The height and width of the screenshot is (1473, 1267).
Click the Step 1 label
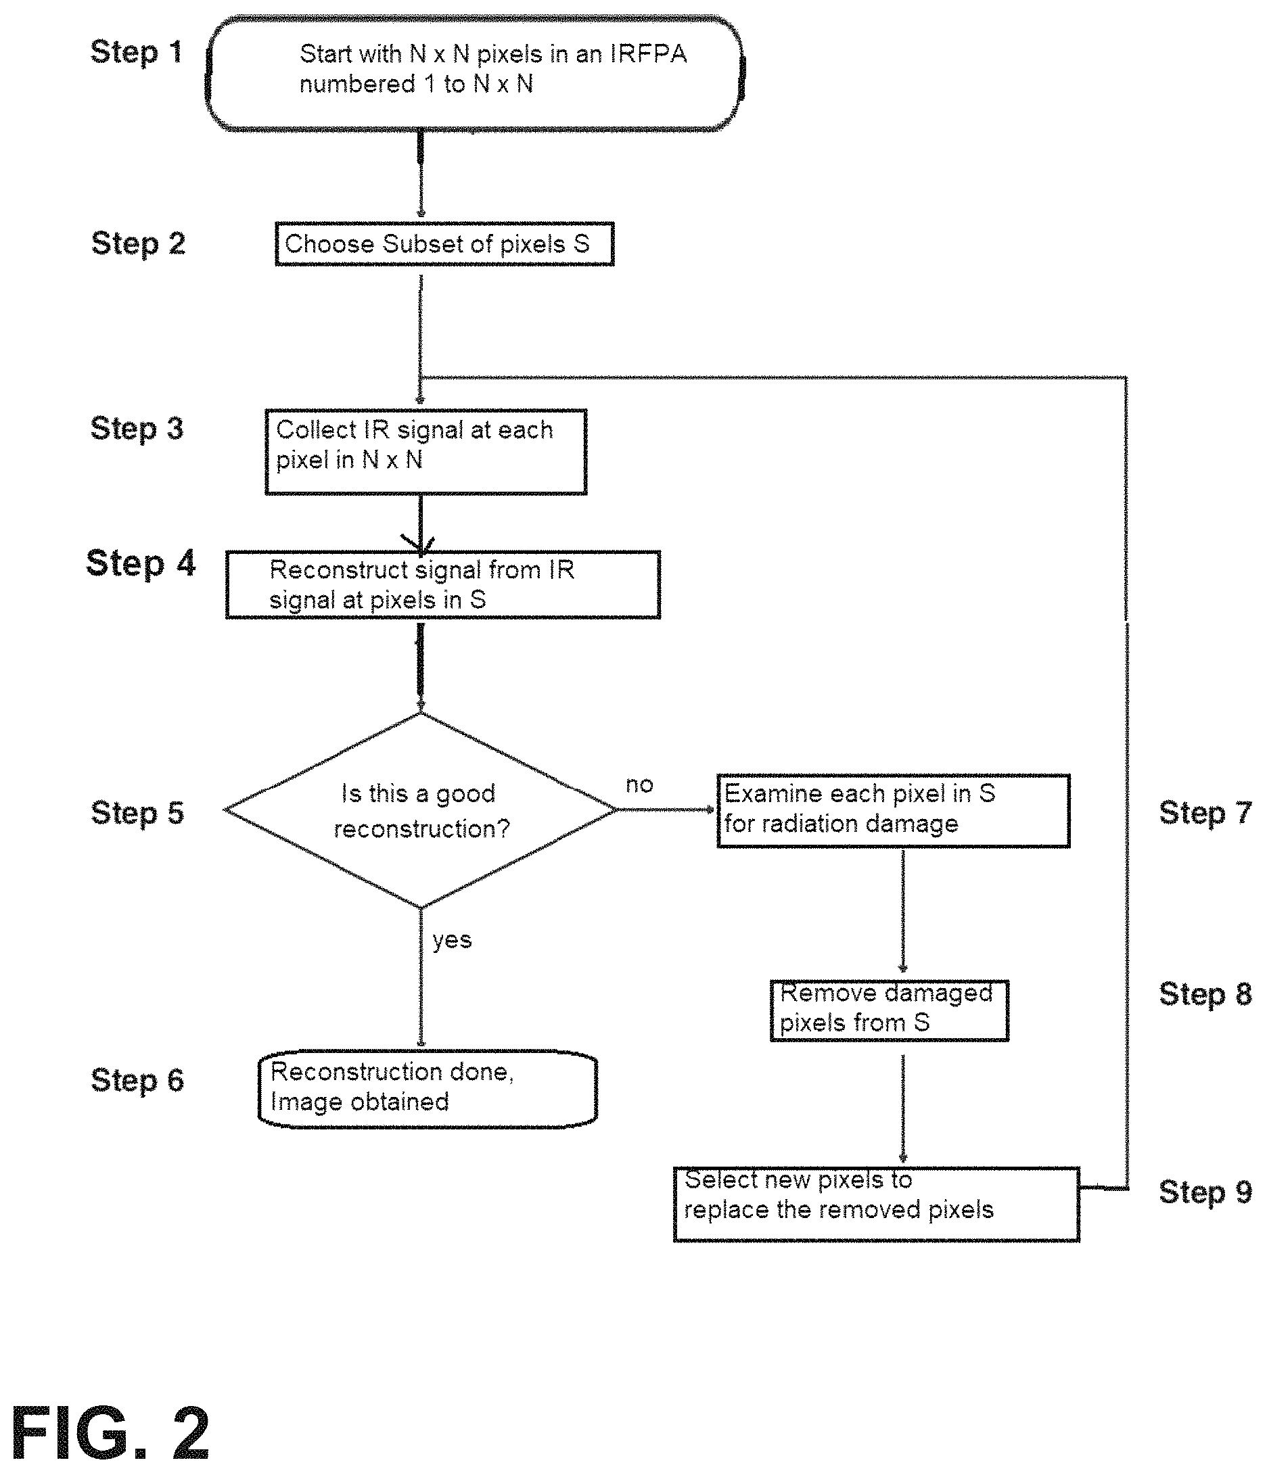pos(136,53)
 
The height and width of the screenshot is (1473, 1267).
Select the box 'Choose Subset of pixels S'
pos(444,244)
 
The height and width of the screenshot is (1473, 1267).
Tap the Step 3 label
pos(137,429)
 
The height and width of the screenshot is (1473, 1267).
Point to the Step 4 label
pos(140,564)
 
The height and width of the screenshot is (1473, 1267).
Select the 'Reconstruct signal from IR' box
pos(443,584)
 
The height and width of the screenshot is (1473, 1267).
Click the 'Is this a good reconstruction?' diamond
pos(421,810)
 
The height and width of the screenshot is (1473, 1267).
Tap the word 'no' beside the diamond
pos(639,785)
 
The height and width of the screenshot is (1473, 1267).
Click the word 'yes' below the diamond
pos(452,941)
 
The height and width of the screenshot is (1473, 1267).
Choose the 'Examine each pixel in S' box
pos(893,810)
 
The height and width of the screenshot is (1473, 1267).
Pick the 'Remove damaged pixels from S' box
pos(890,1010)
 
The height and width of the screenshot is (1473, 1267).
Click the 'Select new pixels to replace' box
pos(876,1205)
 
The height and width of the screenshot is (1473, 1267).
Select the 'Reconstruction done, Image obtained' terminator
pos(428,1089)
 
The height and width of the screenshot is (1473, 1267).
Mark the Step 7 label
pos(1205,812)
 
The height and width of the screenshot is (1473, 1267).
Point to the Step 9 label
pos(1205,1192)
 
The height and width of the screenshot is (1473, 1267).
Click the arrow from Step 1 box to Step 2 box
pos(421,174)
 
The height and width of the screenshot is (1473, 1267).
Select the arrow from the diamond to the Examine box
pos(666,810)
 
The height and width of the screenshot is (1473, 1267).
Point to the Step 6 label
pos(137,1081)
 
